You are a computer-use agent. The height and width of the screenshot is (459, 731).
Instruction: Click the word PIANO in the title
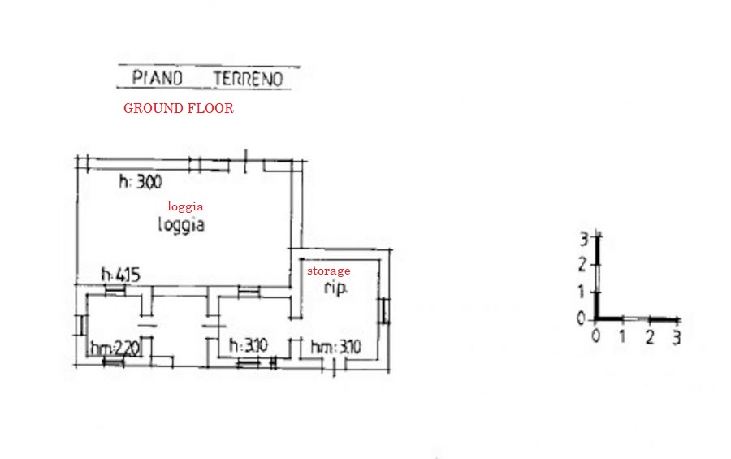tap(157, 78)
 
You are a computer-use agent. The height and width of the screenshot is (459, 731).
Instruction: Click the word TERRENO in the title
tap(248, 79)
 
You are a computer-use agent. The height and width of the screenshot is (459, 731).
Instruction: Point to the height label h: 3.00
tap(141, 181)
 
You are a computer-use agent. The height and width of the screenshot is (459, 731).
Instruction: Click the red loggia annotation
tap(185, 206)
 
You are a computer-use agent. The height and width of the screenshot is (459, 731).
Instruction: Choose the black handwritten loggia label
tap(181, 225)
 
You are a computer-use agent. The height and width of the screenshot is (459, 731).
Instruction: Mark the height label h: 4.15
tap(121, 275)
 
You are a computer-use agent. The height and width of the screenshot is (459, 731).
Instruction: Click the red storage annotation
tap(329, 271)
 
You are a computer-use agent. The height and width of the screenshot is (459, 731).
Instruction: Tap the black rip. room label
tap(335, 288)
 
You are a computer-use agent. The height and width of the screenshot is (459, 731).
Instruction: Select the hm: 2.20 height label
tap(115, 348)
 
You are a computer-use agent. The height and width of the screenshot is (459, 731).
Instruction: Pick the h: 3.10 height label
tap(249, 345)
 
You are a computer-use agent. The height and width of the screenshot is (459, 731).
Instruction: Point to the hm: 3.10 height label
tap(335, 347)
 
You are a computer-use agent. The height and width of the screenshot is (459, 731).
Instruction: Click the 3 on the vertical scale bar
tap(583, 240)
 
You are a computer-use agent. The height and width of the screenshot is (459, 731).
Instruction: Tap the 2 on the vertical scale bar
tap(582, 265)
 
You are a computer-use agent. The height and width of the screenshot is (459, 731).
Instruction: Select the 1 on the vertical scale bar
tap(581, 292)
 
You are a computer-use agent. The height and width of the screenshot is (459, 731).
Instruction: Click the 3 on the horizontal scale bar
tap(677, 337)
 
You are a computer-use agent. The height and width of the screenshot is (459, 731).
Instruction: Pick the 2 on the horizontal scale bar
tap(650, 337)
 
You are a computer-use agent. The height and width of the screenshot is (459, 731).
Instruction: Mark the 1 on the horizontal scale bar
tap(622, 336)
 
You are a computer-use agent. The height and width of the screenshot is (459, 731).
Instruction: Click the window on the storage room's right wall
tap(385, 310)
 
